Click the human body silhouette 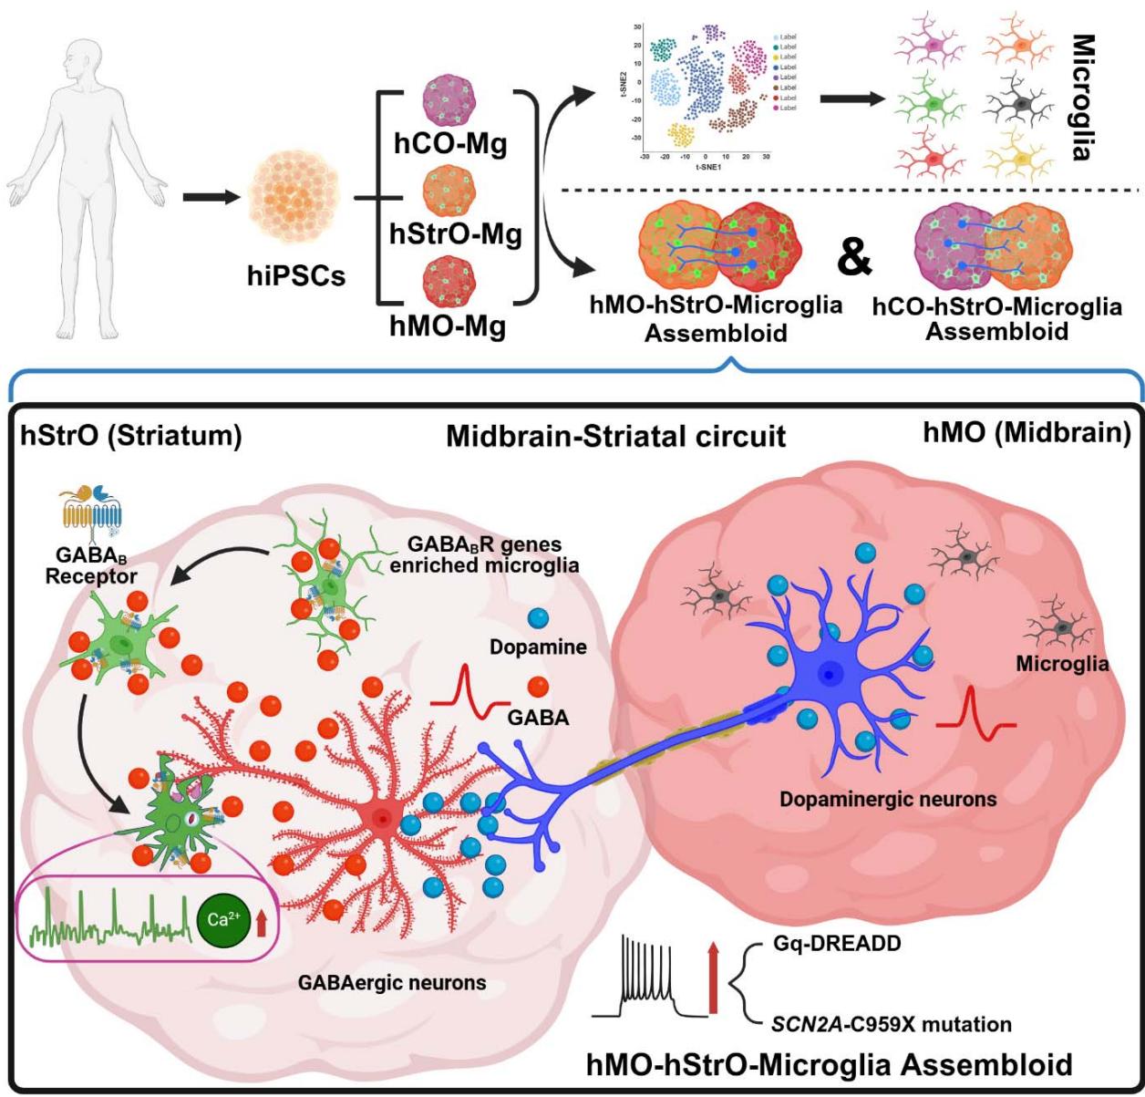tap(88, 173)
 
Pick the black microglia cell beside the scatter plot tap(1023, 105)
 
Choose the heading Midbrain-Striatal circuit tap(615, 436)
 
